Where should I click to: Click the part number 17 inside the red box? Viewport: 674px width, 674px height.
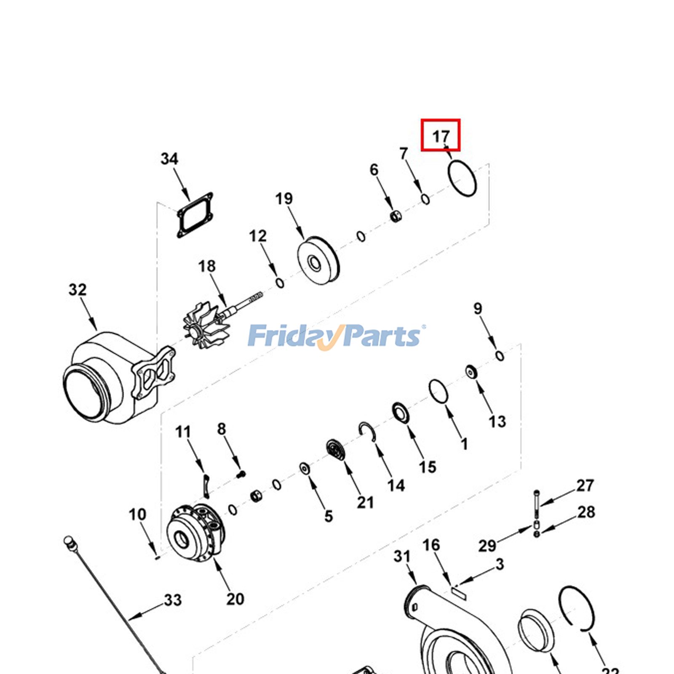click(441, 136)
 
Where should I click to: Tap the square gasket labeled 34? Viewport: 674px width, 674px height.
click(195, 215)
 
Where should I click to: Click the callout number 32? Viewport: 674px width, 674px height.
click(78, 290)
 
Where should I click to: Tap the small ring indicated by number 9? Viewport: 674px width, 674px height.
click(500, 356)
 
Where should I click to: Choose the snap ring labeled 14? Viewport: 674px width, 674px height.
click(367, 431)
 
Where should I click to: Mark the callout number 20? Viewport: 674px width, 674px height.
click(235, 599)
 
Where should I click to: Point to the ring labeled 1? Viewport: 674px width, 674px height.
click(439, 391)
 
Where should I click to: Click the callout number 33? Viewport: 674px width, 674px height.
click(173, 600)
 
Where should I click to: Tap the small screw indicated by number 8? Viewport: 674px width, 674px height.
click(241, 474)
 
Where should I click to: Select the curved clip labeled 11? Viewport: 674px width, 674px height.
click(206, 485)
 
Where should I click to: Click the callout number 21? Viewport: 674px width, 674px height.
click(365, 502)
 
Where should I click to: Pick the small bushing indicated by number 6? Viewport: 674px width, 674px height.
click(396, 217)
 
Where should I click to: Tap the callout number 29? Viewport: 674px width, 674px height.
click(487, 546)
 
